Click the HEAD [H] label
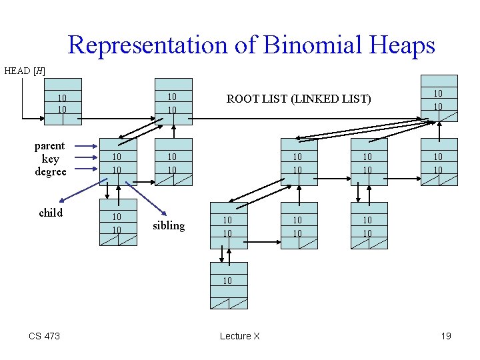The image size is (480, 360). (25, 70)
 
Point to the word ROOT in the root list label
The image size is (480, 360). (243, 99)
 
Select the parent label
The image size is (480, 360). (50, 146)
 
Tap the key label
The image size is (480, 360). (50, 159)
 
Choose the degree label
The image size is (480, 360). (50, 171)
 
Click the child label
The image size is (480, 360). (51, 213)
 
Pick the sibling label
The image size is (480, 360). (169, 225)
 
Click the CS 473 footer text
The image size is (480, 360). (44, 336)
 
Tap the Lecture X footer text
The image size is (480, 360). (239, 336)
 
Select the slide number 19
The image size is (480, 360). (445, 336)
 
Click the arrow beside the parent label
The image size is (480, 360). (86, 145)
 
